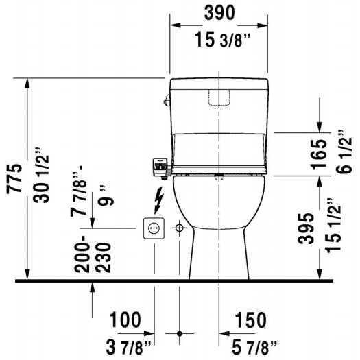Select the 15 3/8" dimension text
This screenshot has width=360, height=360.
coord(219,40)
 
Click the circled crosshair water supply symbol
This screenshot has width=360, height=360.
coord(180,227)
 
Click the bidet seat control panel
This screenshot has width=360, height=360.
coord(160,165)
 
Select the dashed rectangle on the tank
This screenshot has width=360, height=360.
coord(218,96)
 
